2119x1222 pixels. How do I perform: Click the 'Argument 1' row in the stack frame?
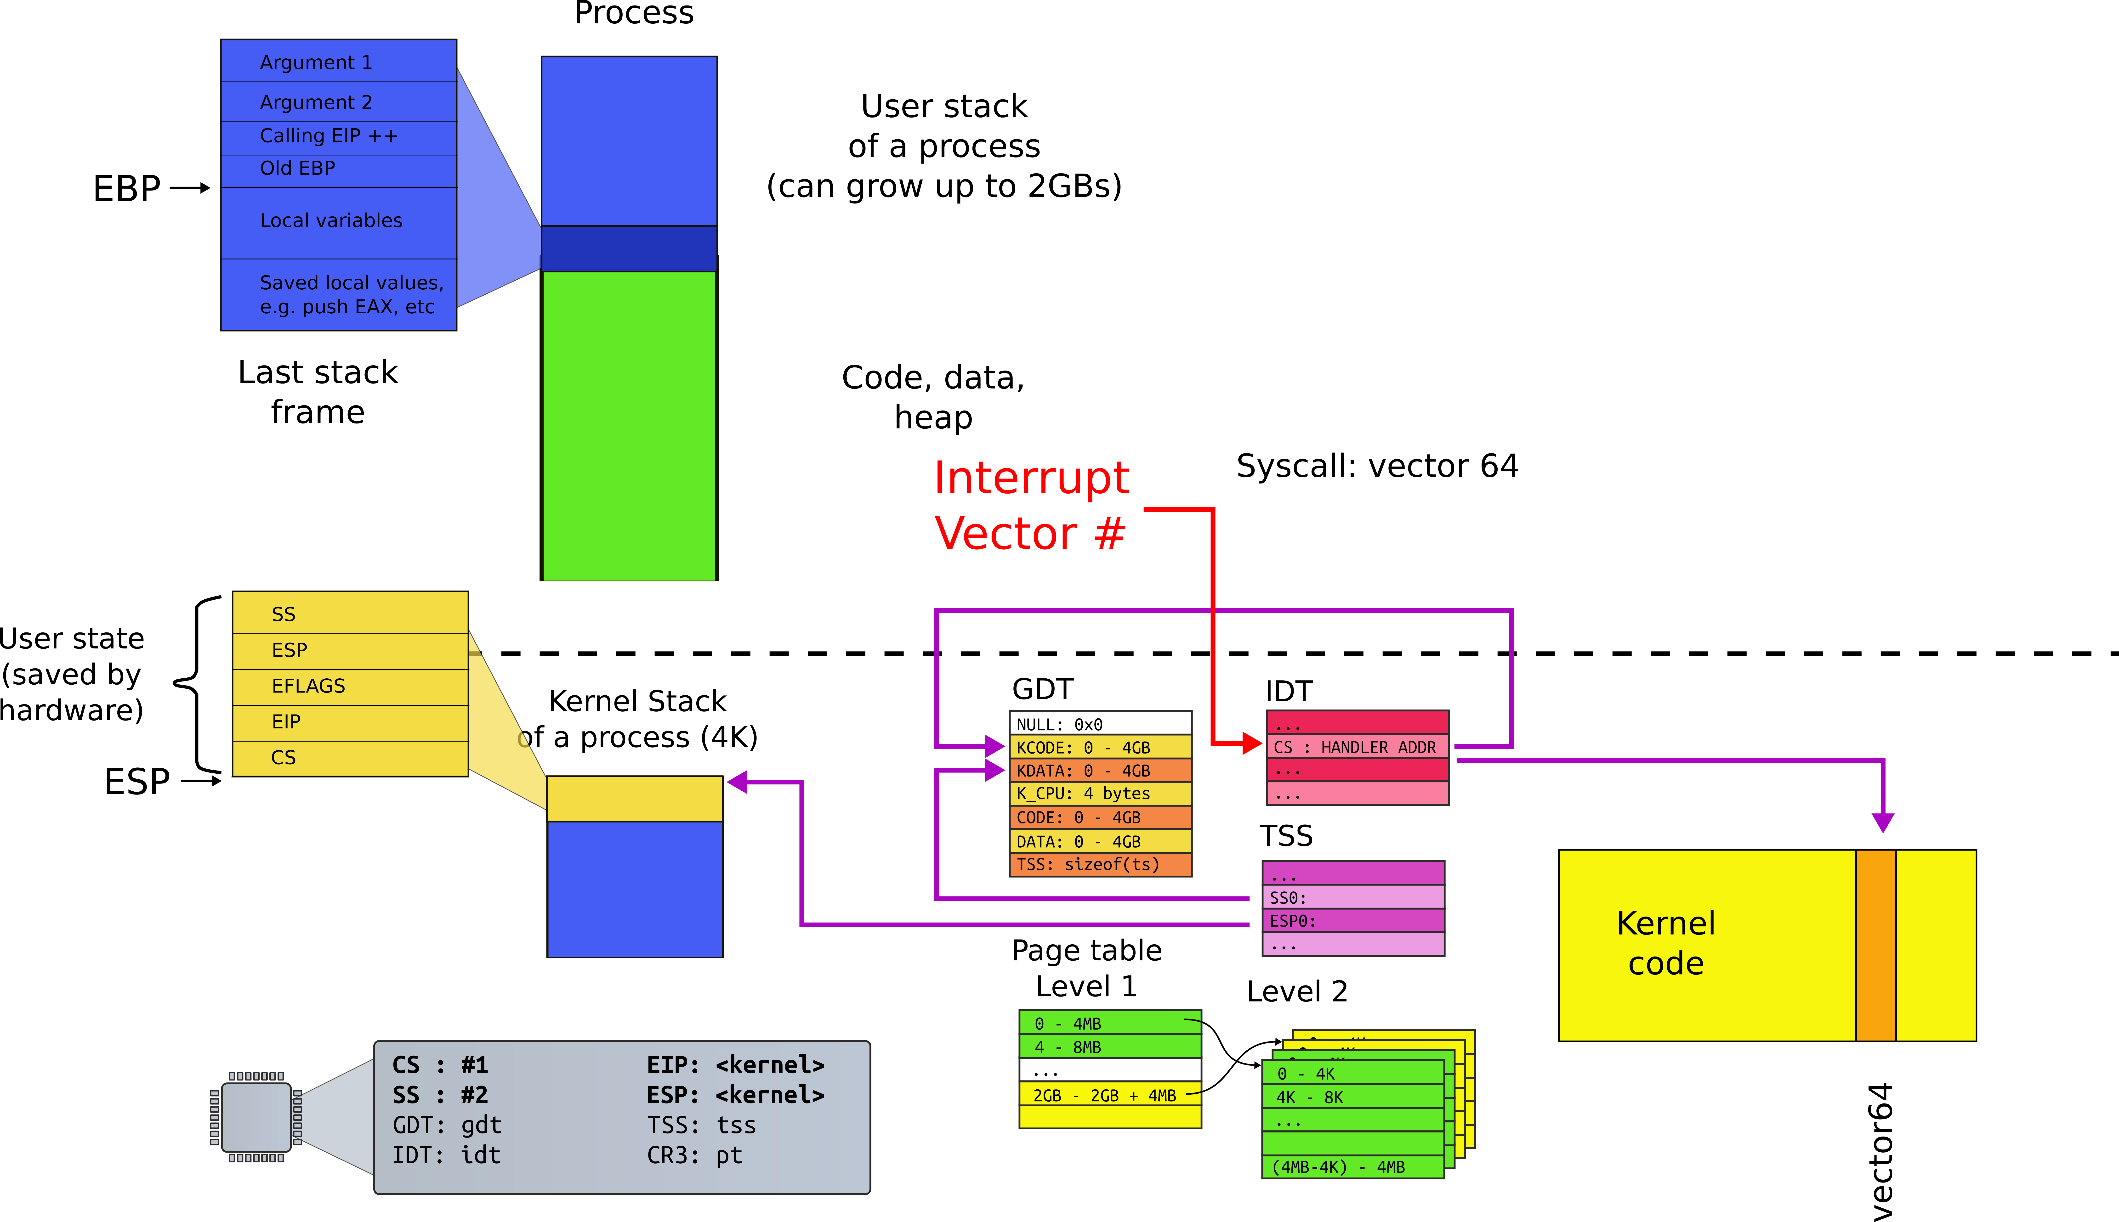(338, 62)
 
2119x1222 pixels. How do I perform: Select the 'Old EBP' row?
(338, 169)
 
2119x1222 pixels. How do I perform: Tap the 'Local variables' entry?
(338, 221)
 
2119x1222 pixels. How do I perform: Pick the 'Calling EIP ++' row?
(338, 136)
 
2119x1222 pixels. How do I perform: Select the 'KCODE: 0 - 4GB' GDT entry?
(1100, 747)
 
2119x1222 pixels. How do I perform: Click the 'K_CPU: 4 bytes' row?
(1100, 793)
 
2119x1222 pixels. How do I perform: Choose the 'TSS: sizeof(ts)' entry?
(1100, 864)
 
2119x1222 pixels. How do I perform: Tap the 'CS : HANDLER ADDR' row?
(1357, 747)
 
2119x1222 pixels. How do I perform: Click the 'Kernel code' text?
(1666, 943)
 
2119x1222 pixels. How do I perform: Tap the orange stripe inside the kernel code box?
(1875, 945)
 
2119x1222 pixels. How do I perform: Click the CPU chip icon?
(256, 1117)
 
